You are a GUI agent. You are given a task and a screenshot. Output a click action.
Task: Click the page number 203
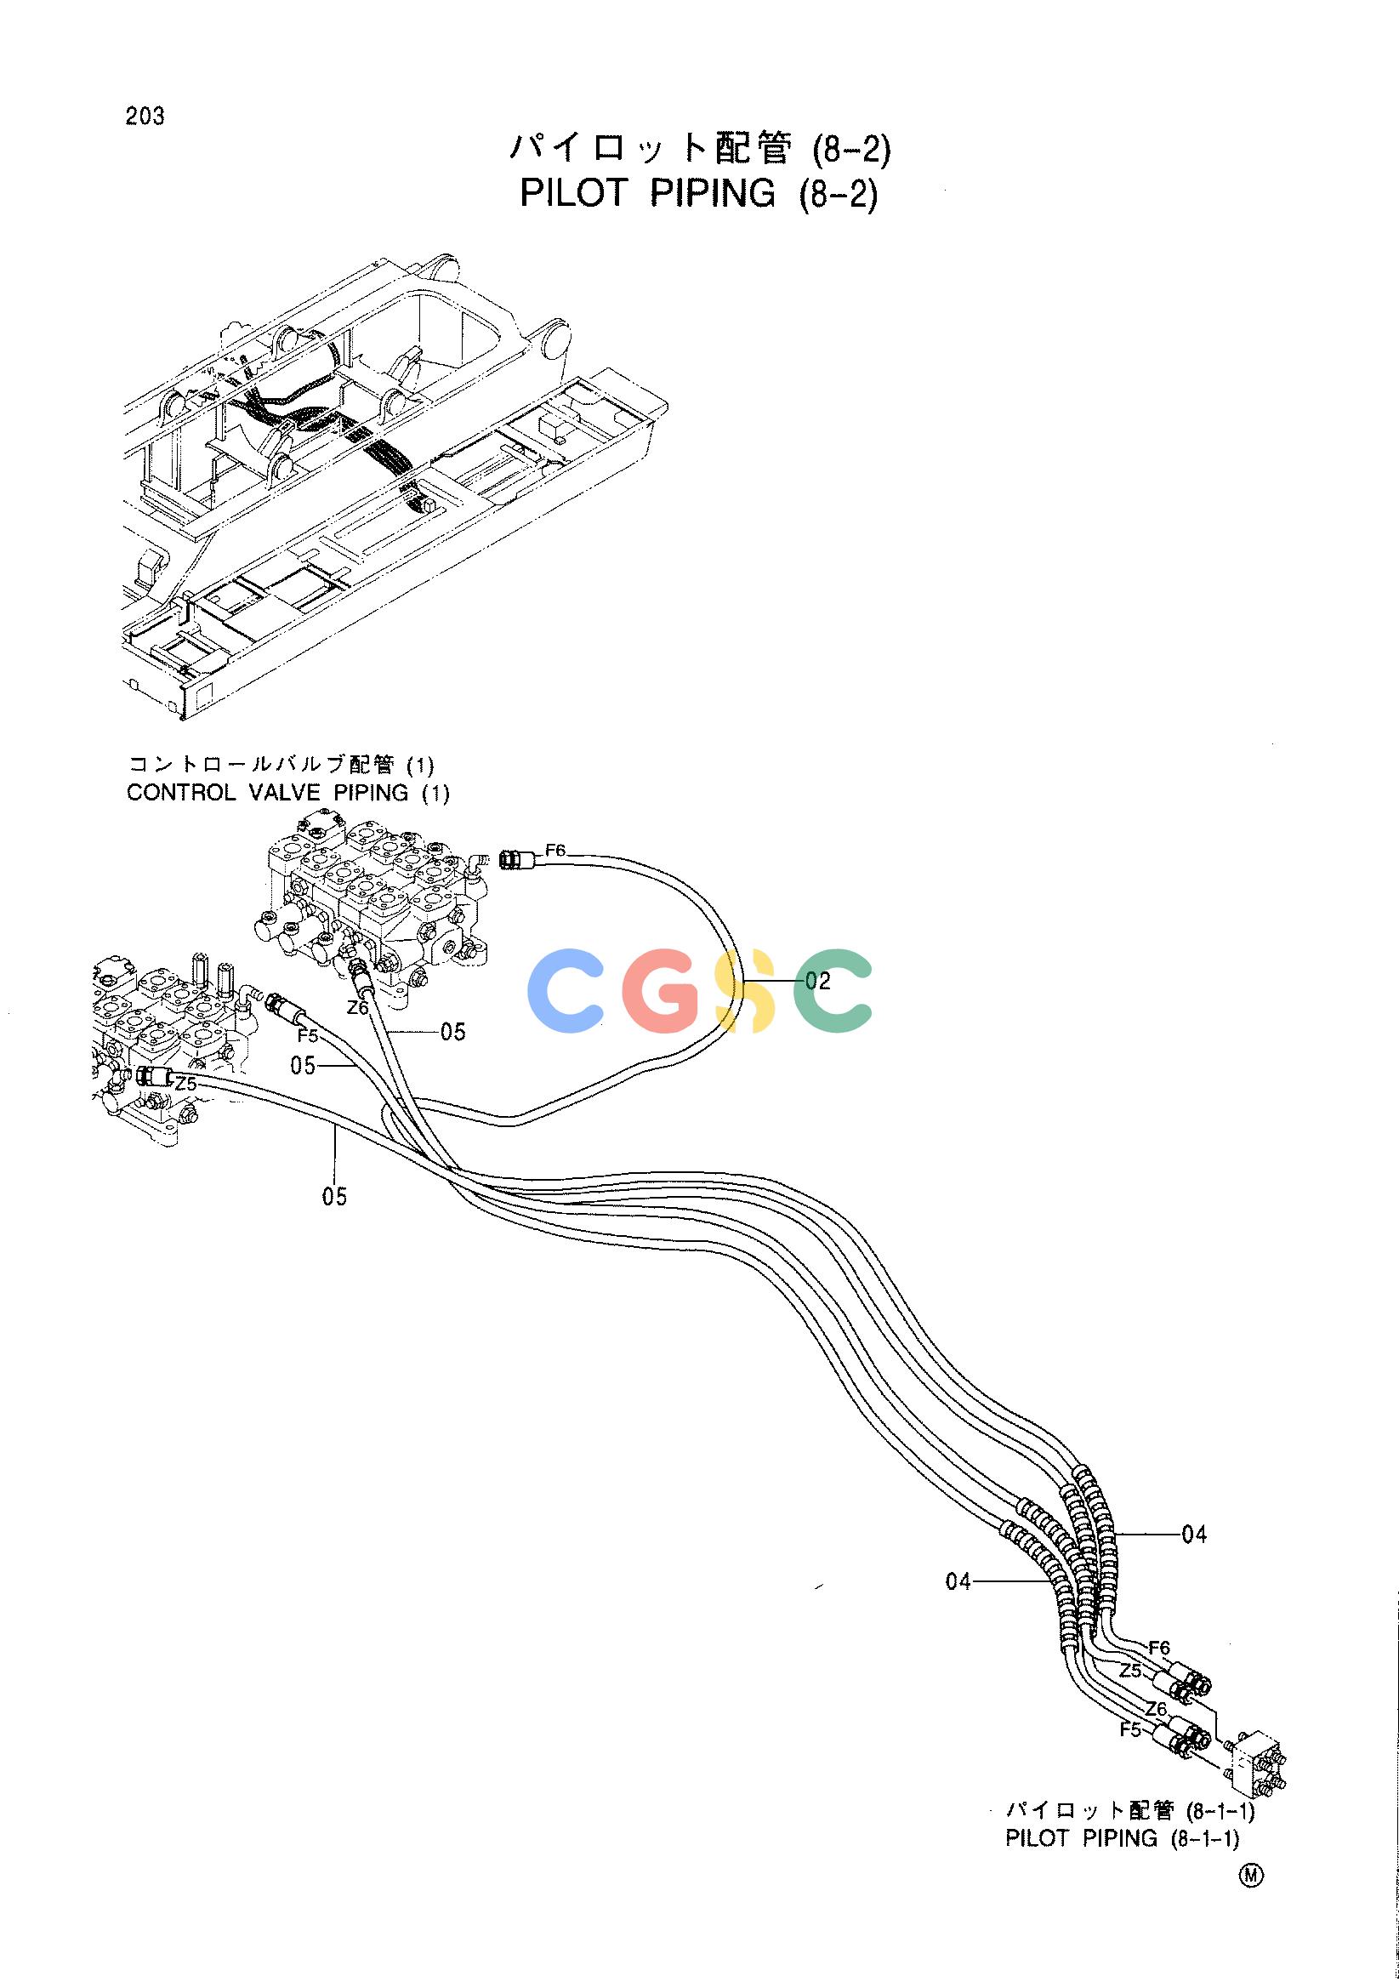click(x=145, y=117)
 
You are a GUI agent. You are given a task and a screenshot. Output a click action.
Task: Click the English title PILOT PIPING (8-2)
click(x=698, y=193)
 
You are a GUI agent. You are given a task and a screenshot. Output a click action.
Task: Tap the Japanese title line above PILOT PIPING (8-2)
click(x=699, y=149)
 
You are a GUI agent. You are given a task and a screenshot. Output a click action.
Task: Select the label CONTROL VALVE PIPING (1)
click(x=288, y=793)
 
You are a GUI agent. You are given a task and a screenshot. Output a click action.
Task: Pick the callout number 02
click(x=817, y=981)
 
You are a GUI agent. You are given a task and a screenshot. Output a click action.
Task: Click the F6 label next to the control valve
click(x=556, y=851)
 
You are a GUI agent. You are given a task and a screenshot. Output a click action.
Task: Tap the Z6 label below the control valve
click(x=358, y=1007)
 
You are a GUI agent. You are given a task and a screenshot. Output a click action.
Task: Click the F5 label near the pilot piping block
click(x=1130, y=1729)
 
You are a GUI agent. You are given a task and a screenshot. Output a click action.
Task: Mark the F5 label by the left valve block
click(x=308, y=1035)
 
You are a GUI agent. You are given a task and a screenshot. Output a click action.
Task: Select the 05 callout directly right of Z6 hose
click(x=453, y=1032)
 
